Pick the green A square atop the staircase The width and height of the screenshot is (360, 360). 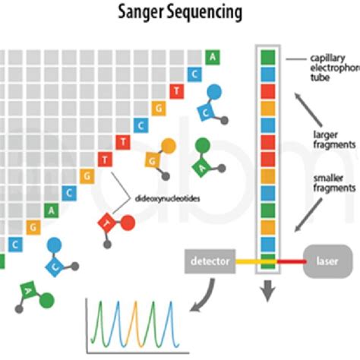click(x=214, y=57)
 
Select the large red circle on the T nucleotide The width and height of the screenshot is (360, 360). click(x=128, y=223)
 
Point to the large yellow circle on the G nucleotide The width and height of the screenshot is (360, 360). click(x=169, y=146)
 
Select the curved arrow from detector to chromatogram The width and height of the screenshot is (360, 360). click(x=204, y=296)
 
